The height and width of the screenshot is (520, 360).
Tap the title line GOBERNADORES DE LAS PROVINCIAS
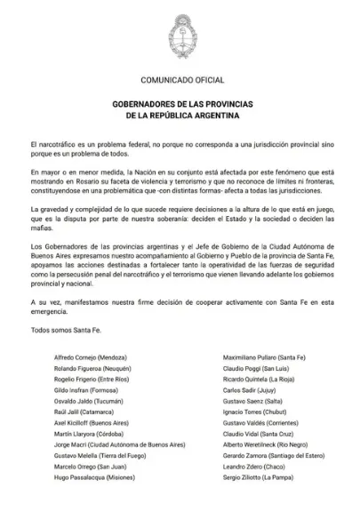[x=180, y=104]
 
